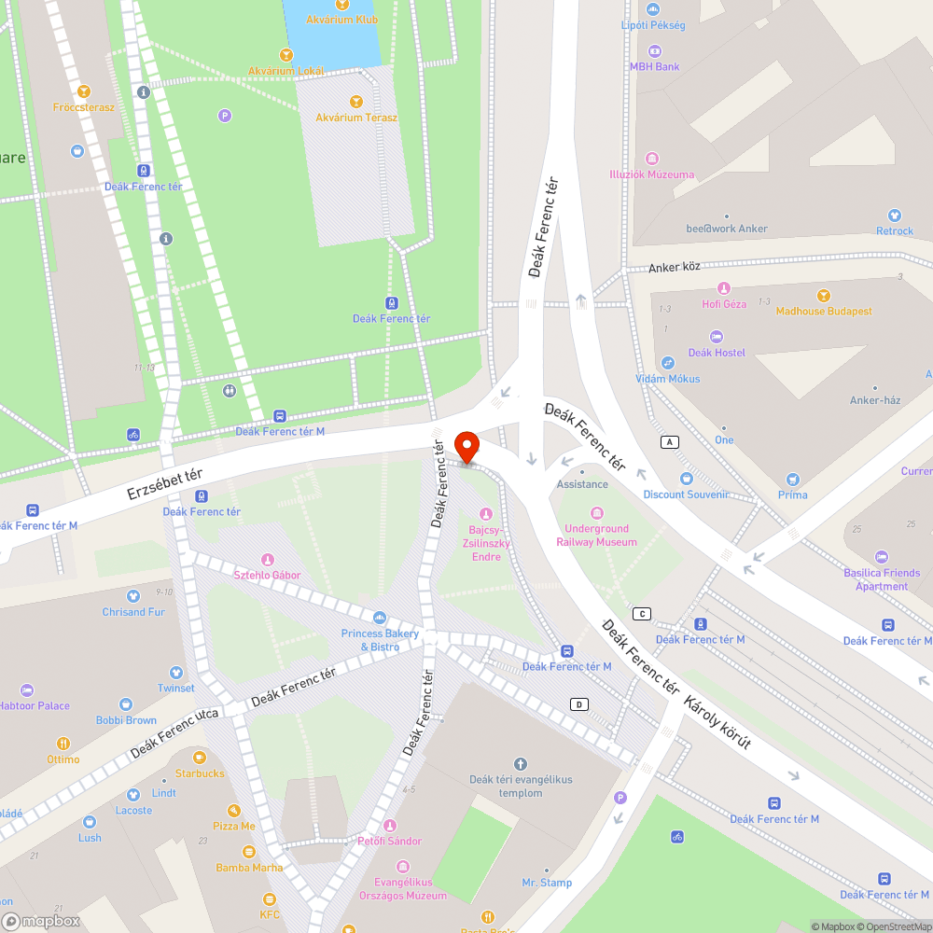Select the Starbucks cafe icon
point(199,758)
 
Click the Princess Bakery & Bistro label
point(380,640)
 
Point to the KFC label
point(270,914)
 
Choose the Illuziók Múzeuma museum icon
point(651,159)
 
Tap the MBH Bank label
point(654,67)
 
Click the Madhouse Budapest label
point(824,311)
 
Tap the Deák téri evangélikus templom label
point(521,787)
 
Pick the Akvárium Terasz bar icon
point(355,102)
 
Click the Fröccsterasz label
point(84,107)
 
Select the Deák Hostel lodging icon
point(716,337)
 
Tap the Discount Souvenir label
point(686,494)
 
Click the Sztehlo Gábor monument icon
point(268,560)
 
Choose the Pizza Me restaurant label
point(234,826)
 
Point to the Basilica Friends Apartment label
point(882,579)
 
